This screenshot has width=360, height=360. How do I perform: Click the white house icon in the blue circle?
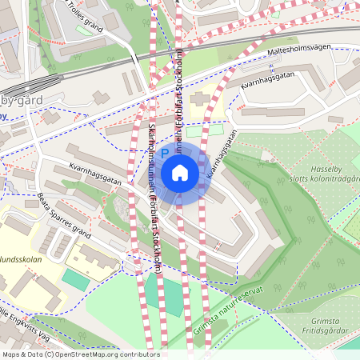(x=180, y=173)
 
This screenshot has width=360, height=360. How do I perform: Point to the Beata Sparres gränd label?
(x=64, y=210)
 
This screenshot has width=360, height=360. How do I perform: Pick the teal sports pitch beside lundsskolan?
(x=76, y=279)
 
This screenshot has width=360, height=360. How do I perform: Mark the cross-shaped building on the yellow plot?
(x=199, y=99)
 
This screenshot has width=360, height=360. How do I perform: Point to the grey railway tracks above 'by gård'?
(x=48, y=80)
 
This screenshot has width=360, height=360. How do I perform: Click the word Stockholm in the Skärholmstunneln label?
(x=158, y=255)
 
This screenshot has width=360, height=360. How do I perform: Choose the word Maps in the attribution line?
(x=12, y=354)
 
